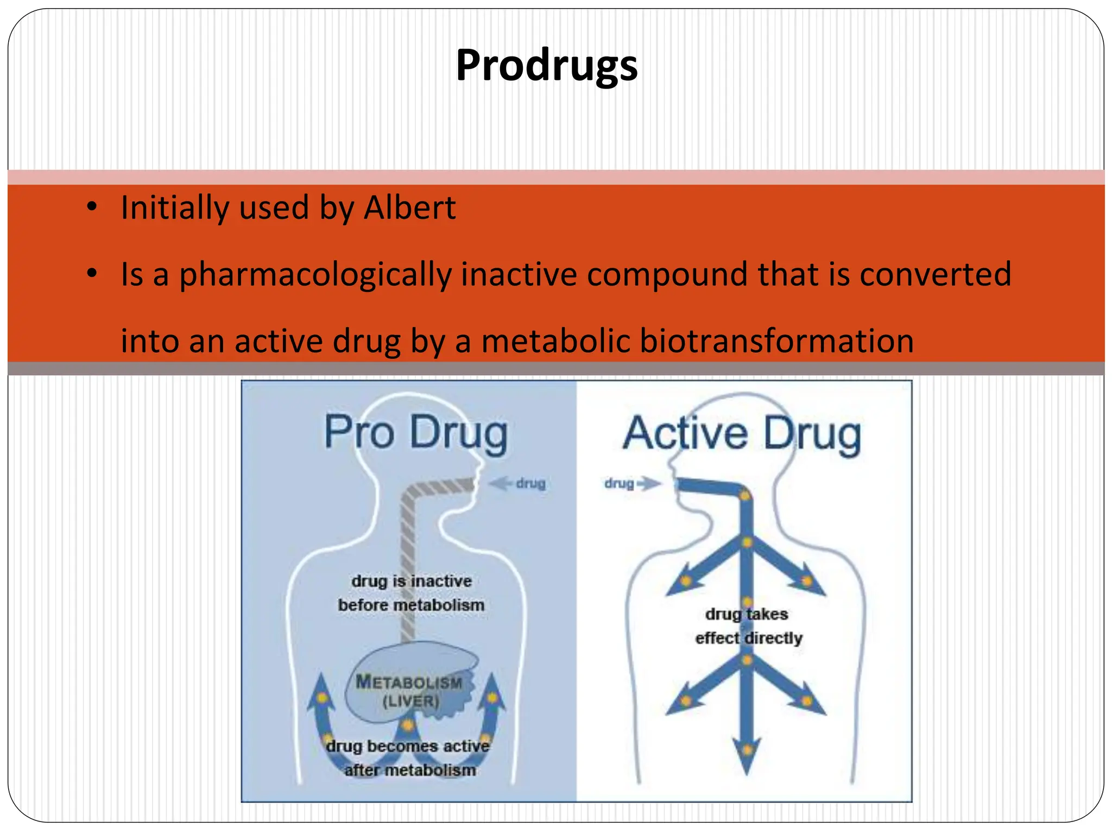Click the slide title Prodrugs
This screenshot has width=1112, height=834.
click(547, 65)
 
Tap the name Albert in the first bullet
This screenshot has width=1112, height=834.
click(409, 208)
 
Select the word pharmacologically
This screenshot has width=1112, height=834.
click(315, 275)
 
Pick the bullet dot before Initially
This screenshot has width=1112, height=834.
click(92, 207)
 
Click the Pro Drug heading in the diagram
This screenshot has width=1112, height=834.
click(416, 433)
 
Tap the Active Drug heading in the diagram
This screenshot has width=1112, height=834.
click(742, 434)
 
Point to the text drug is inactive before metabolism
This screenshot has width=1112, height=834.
click(411, 593)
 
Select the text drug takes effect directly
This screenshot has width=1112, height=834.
click(748, 626)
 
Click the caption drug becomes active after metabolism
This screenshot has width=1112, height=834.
click(409, 758)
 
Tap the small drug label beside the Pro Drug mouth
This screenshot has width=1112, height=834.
click(530, 483)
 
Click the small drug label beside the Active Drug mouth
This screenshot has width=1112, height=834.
click(619, 483)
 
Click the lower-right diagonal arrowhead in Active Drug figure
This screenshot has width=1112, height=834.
click(809, 703)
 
